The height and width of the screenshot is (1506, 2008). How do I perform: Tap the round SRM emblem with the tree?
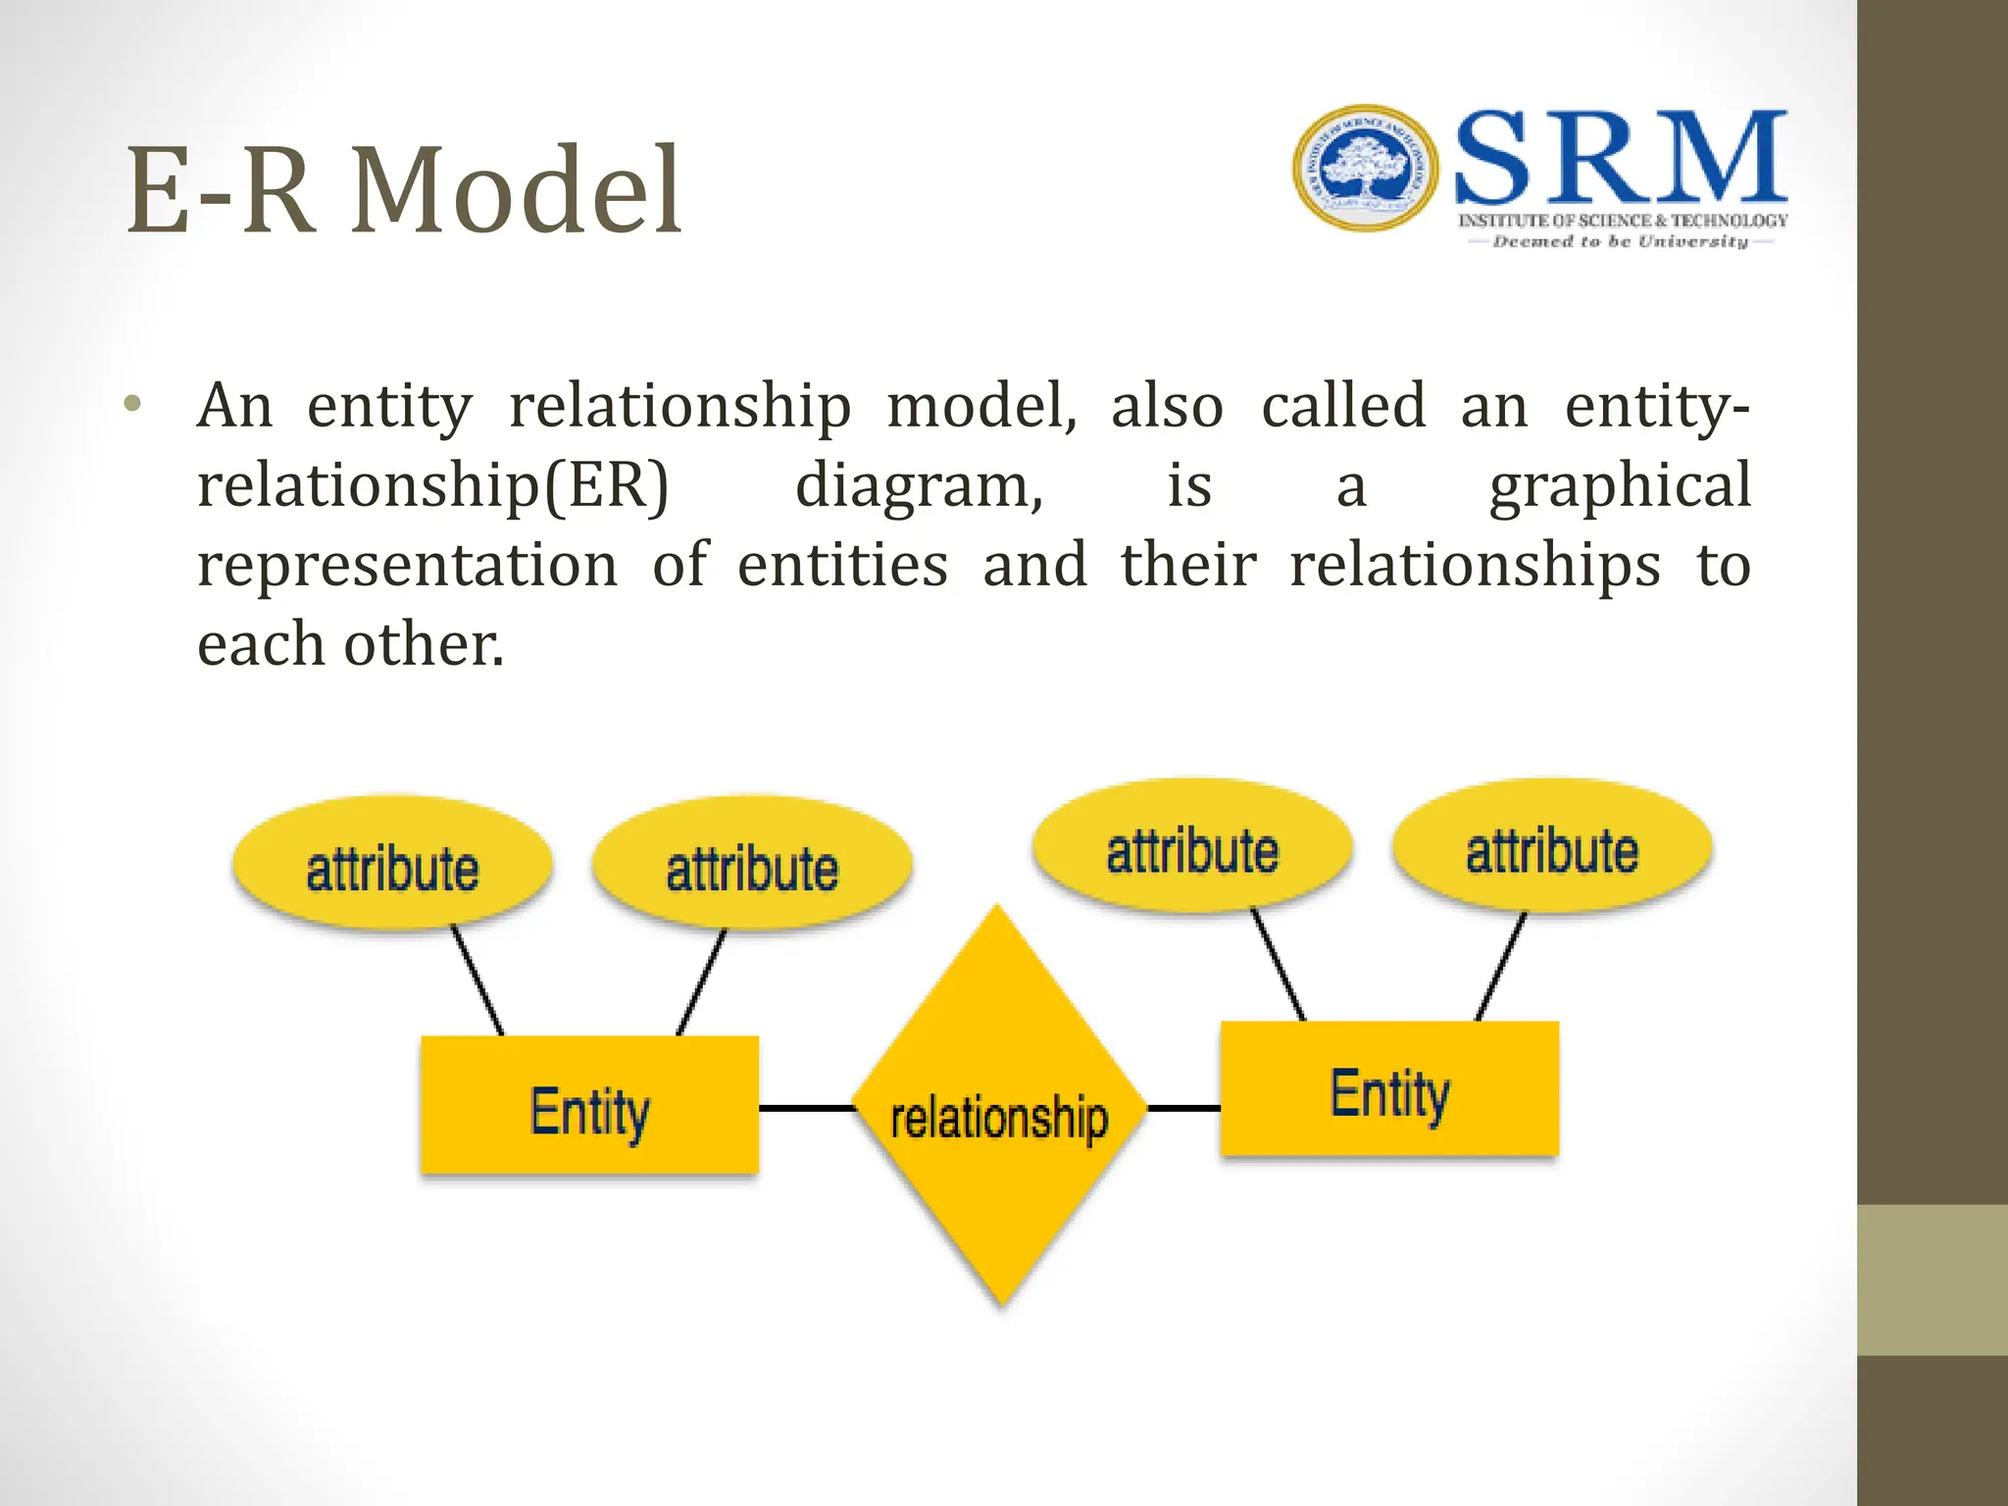pos(1365,169)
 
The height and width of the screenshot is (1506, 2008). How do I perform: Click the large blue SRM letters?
pos(1621,159)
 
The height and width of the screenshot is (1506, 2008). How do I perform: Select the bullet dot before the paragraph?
pos(133,404)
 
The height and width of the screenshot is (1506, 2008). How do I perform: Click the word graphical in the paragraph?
pos(1619,486)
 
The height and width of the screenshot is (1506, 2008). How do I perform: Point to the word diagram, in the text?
pos(919,486)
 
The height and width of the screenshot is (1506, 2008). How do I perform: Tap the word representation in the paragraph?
pos(407,566)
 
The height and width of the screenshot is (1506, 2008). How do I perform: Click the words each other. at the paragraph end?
pos(350,645)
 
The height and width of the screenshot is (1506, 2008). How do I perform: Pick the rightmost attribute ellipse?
pos(1552,847)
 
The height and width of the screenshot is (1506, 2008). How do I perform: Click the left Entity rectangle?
pos(589,1106)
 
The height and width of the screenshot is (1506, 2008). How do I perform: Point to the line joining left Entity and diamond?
pos(806,1108)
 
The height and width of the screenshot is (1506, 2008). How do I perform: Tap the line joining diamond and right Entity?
pos(1183,1108)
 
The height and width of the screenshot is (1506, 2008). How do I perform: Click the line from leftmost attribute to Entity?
pos(477,980)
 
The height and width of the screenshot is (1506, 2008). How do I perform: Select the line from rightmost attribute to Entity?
pos(1501,967)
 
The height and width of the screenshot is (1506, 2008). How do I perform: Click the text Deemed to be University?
pos(1620,242)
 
